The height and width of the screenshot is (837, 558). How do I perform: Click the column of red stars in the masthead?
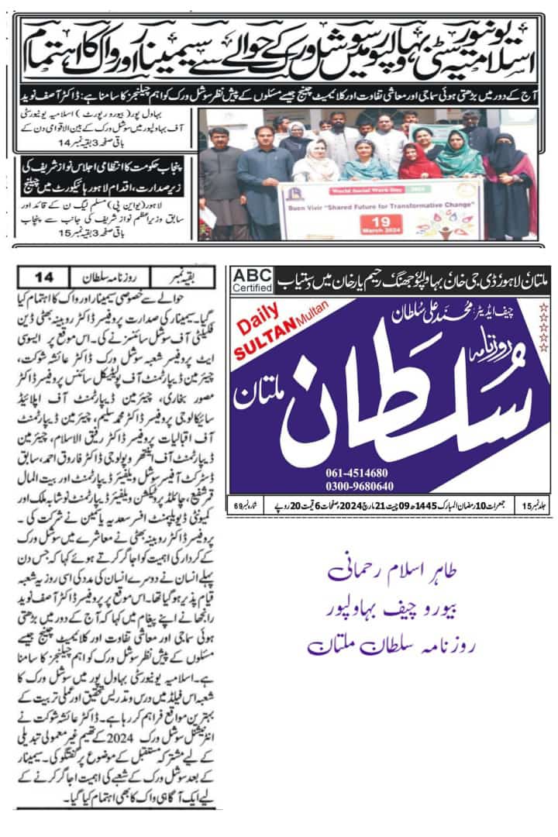click(542, 326)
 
